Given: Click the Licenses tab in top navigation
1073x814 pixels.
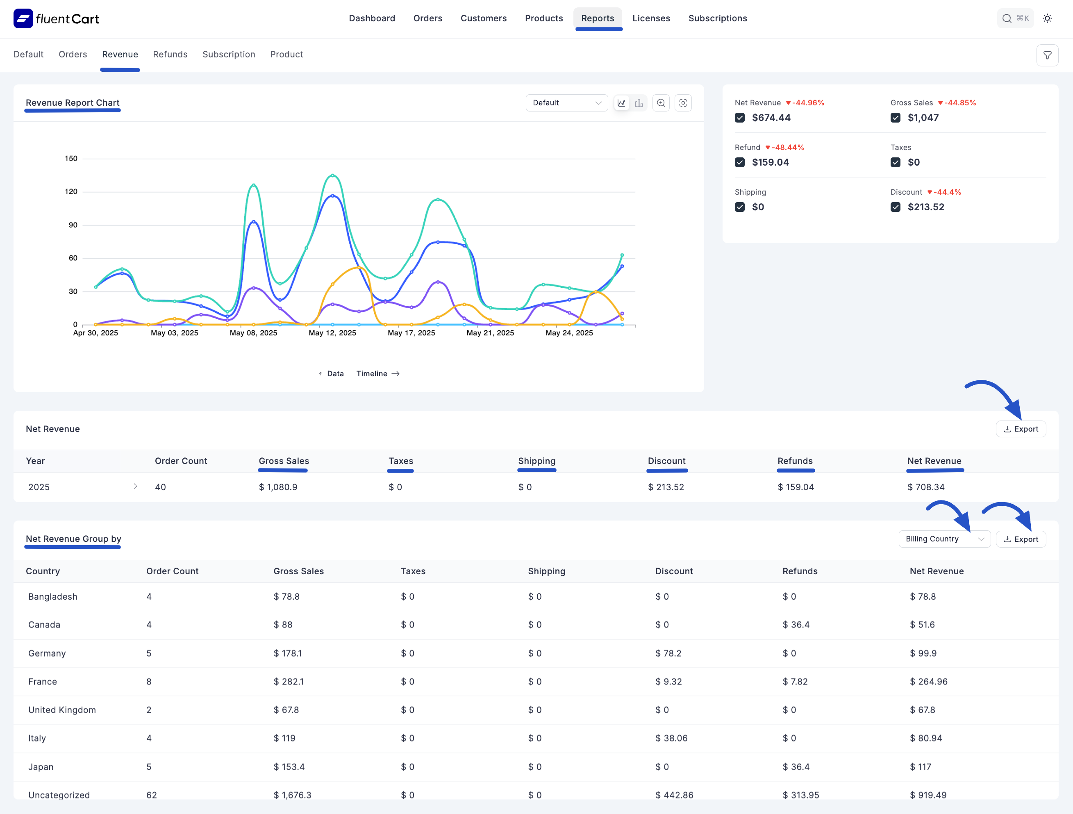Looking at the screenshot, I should click(651, 18).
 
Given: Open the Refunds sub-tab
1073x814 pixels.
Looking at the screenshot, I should click(170, 55).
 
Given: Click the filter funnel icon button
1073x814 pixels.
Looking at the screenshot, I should click(1047, 55).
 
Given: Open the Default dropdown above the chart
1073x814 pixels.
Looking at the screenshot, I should click(566, 103).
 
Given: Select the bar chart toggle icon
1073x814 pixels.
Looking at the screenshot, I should click(639, 103).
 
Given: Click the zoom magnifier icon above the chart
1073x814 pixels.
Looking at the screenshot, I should click(661, 103).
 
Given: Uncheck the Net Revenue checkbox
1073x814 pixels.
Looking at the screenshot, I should click(739, 118).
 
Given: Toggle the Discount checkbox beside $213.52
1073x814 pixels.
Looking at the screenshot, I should click(895, 207).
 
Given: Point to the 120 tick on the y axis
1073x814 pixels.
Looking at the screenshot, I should click(71, 192).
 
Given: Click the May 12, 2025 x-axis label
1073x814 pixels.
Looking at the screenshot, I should click(332, 333).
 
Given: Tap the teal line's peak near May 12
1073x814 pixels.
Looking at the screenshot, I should click(332, 175).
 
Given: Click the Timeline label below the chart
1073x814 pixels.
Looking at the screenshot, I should click(372, 373).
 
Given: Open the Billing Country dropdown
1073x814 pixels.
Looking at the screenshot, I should click(944, 539).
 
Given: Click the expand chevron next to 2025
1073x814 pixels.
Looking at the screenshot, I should click(135, 486).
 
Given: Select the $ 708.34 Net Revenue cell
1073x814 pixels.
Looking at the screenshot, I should click(925, 487).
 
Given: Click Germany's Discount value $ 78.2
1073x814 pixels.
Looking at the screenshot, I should click(668, 653).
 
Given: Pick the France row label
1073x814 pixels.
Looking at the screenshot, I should click(43, 682).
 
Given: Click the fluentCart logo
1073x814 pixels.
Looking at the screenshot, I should click(56, 18).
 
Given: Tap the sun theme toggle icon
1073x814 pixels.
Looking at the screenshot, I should click(1047, 18).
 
